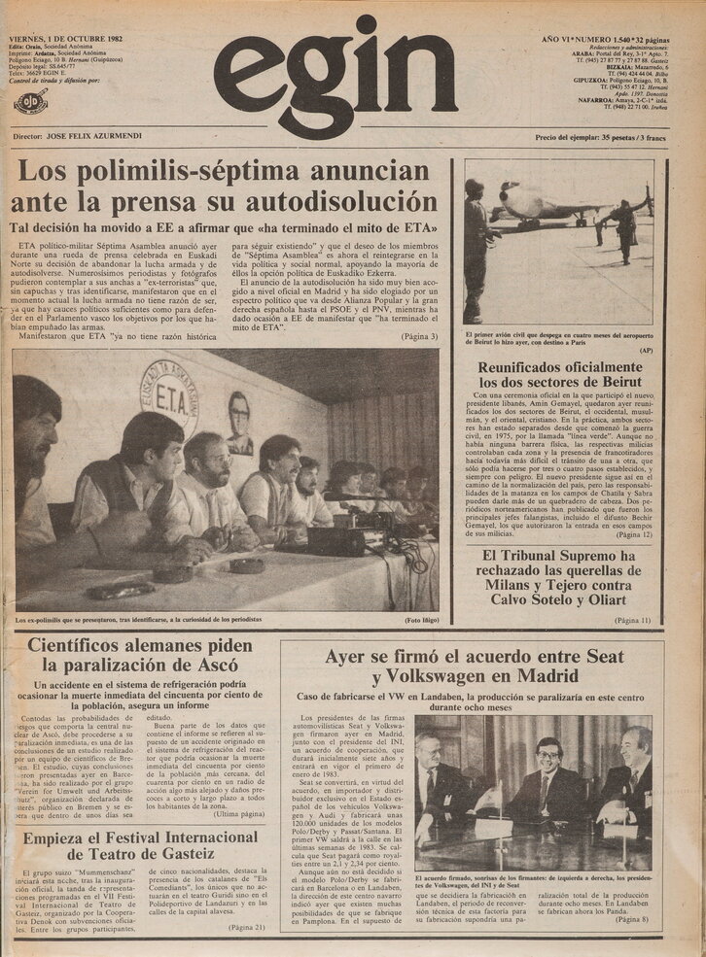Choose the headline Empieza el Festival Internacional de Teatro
[142, 847]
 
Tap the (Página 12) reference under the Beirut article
[627, 534]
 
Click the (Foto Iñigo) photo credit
[414, 619]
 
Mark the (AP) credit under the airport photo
[646, 350]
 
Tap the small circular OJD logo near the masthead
[30, 100]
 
